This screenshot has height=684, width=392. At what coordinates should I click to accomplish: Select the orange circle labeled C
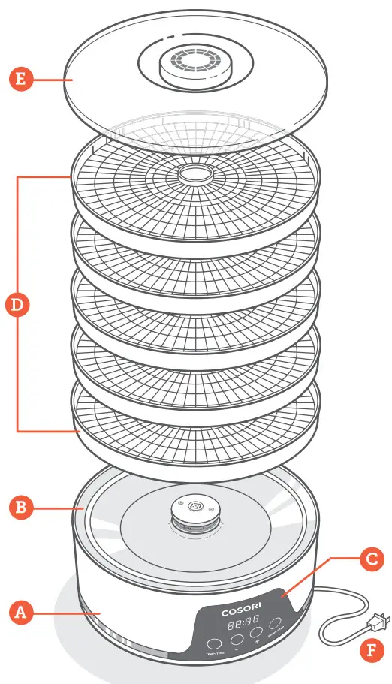click(370, 559)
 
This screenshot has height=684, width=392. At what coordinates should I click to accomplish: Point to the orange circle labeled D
click(16, 304)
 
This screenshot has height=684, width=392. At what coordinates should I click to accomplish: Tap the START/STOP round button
click(276, 623)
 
